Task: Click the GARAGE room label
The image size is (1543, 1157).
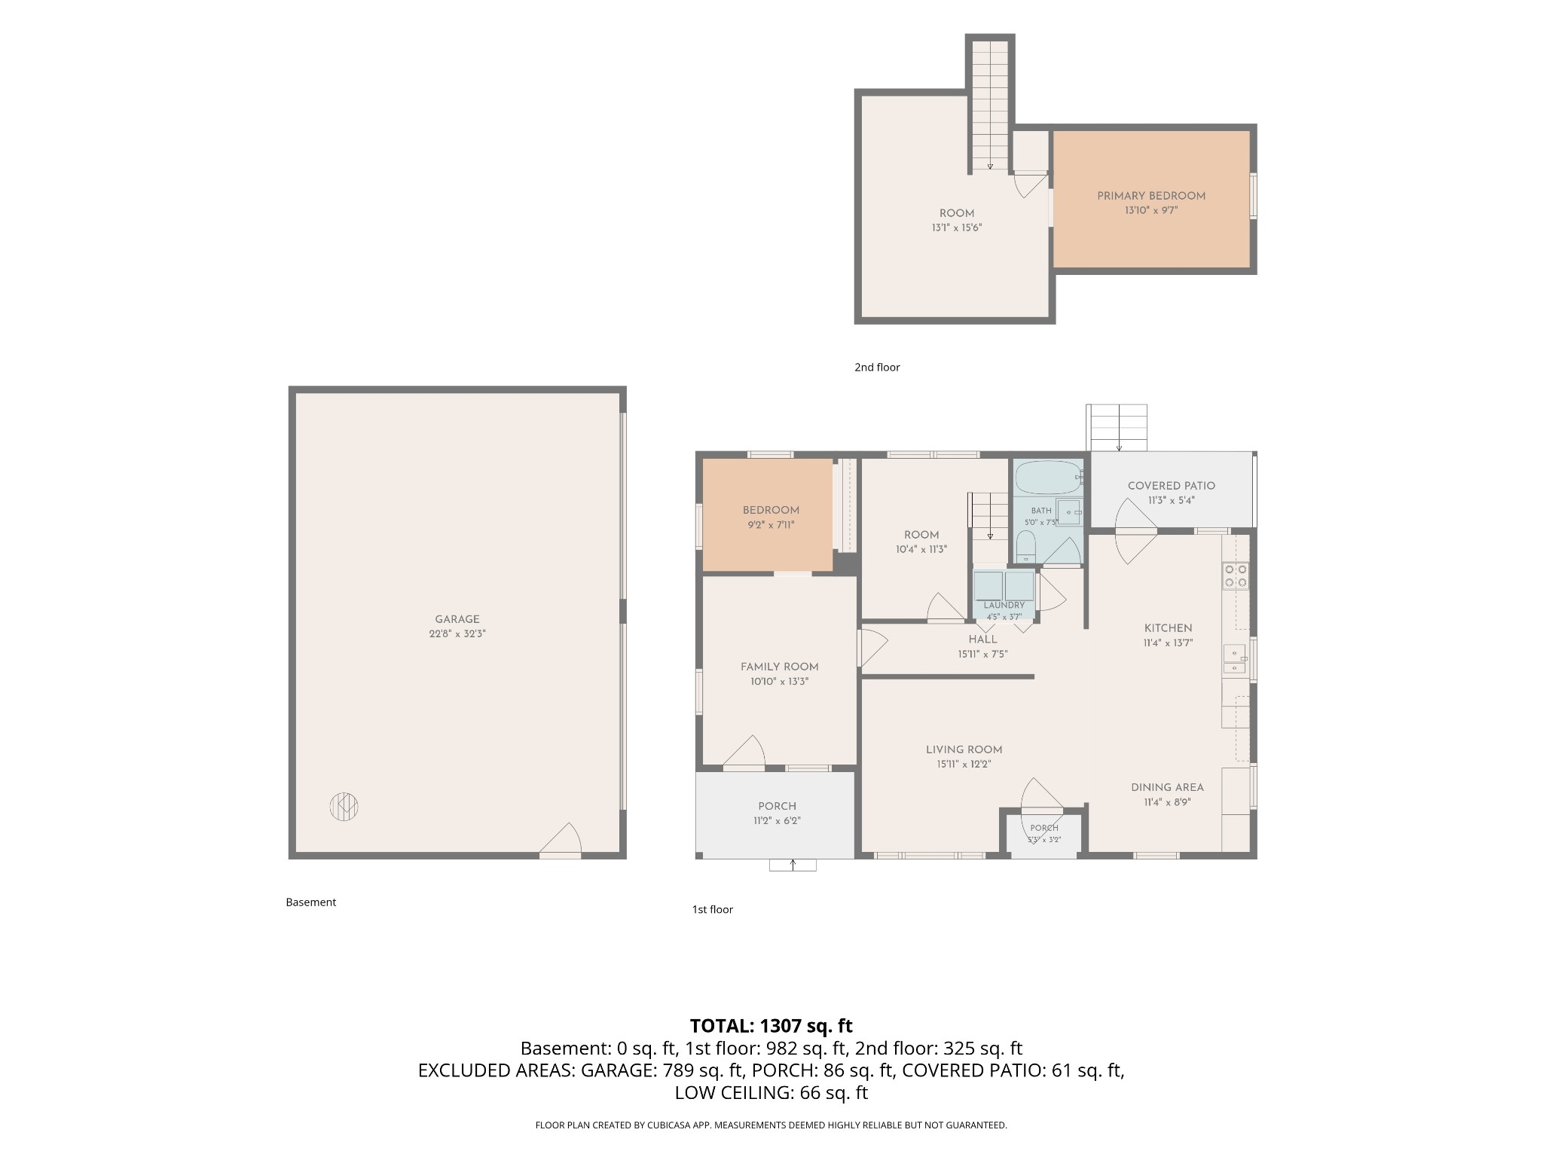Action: tap(457, 620)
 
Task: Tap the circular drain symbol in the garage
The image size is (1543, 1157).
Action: tap(344, 807)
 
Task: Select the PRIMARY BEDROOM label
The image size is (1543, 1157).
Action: tap(1151, 196)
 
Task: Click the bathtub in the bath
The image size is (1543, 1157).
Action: tap(1049, 476)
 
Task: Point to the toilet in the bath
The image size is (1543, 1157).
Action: tap(1025, 546)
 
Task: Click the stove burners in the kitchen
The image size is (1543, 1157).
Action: tap(1236, 576)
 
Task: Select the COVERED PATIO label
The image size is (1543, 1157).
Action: tap(1172, 486)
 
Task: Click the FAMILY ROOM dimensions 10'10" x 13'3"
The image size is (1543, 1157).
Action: tap(780, 682)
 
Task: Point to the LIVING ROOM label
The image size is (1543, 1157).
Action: tap(964, 749)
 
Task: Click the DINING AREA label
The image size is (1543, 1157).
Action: tap(1167, 787)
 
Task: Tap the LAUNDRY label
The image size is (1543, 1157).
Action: tap(1004, 605)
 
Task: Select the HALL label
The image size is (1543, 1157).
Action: tap(983, 640)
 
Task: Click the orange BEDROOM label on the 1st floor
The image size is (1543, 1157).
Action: tap(771, 510)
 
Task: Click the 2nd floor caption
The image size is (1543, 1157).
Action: tap(877, 368)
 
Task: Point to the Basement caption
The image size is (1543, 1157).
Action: tap(311, 902)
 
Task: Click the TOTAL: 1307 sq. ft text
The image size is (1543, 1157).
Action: tap(771, 1026)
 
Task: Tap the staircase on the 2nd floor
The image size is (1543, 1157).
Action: tap(990, 105)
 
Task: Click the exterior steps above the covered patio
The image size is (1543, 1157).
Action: tap(1117, 427)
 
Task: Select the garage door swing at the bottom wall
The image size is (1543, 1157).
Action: tap(562, 840)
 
